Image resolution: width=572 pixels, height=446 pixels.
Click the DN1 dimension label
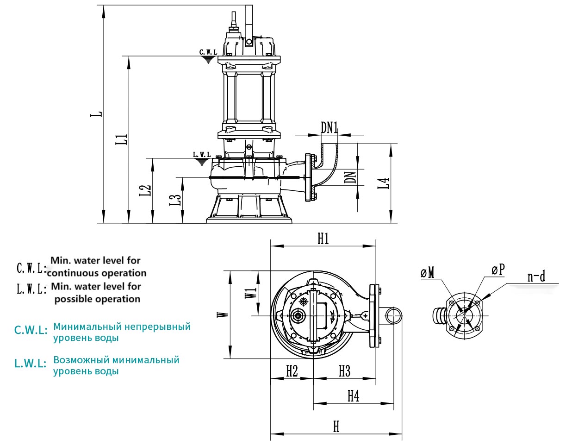click(330, 128)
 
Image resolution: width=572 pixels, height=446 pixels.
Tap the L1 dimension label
click(122, 139)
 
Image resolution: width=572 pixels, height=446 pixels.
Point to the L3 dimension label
click(175, 200)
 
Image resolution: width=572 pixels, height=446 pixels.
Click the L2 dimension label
click(145, 190)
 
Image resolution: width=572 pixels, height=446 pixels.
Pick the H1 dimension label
click(323, 239)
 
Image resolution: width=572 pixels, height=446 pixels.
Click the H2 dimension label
click(292, 371)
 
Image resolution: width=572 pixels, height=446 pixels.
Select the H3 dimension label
click(344, 371)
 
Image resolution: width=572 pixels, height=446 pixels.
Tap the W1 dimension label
click(250, 293)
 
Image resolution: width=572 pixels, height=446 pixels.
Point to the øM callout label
click(428, 273)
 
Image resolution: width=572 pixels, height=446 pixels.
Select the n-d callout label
click(536, 277)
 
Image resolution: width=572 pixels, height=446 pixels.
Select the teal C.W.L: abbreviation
click(31, 331)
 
